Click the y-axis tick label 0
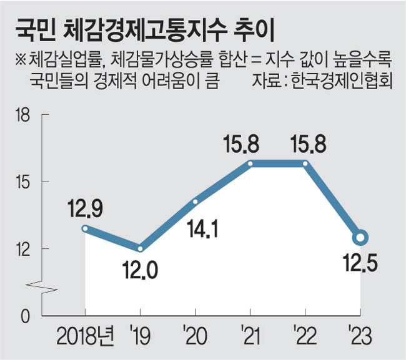click(x=26, y=316)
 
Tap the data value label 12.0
click(x=140, y=271)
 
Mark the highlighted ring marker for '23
click(x=360, y=238)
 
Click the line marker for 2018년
click(x=85, y=228)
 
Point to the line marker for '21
click(x=250, y=163)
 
